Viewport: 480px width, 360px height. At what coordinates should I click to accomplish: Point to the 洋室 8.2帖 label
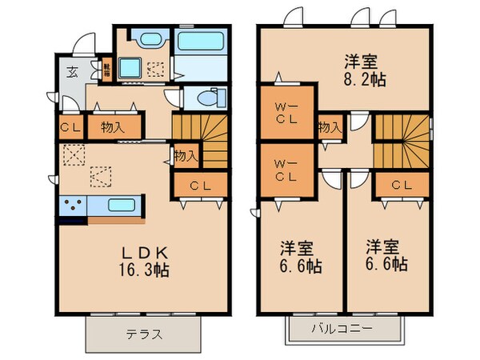pos(361,70)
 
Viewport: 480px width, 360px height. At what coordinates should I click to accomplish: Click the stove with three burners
pos(72,207)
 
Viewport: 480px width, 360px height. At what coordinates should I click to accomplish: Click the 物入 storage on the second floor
pos(329,127)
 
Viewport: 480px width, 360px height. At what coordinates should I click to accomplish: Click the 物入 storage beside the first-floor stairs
pos(186,155)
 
